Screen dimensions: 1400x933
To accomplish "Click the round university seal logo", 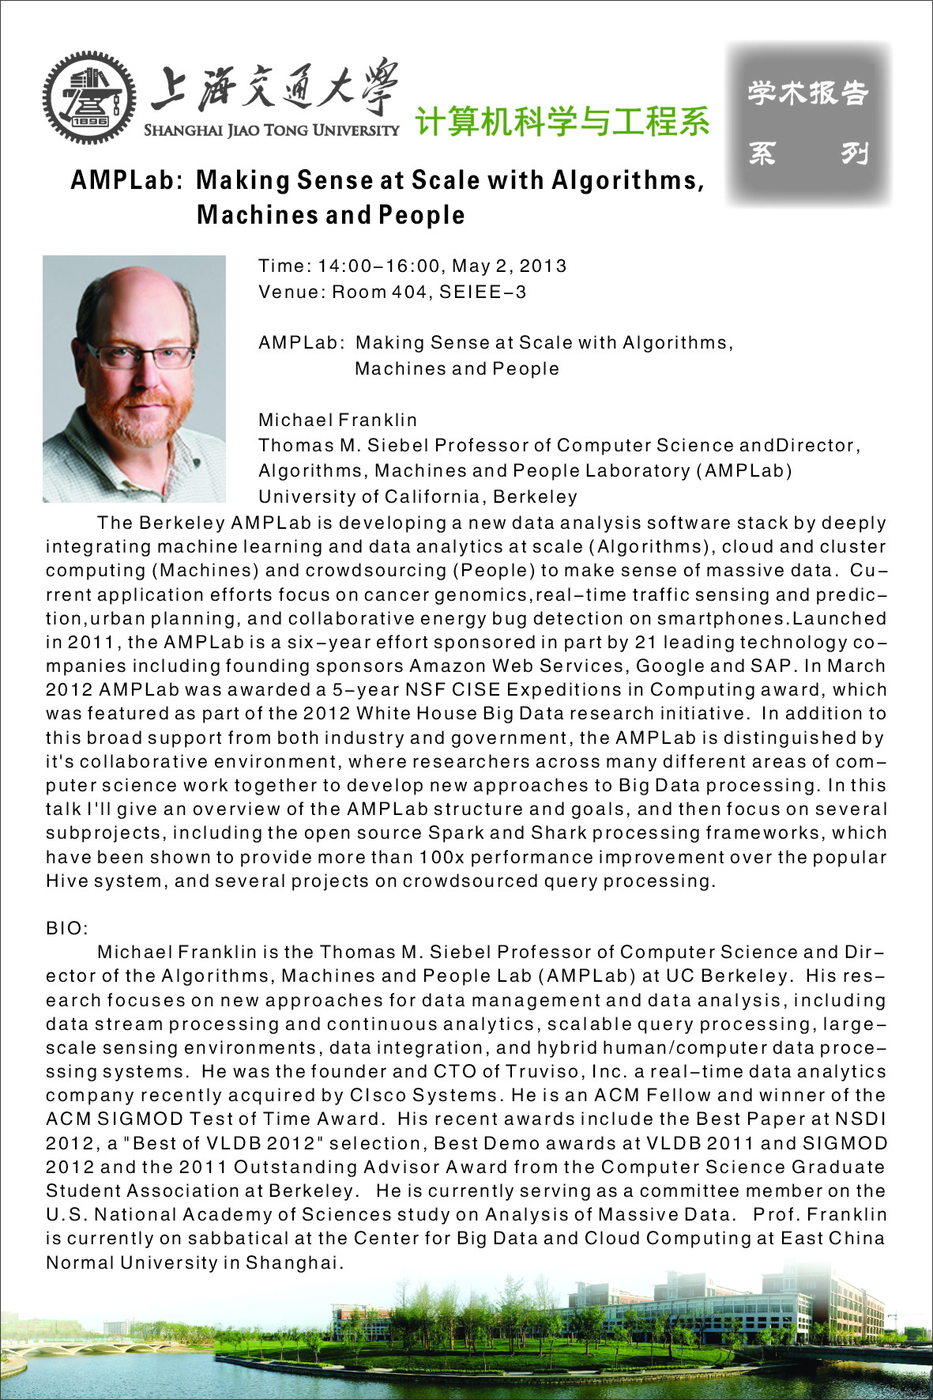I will [x=88, y=97].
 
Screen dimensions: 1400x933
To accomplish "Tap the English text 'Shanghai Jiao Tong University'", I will [x=271, y=130].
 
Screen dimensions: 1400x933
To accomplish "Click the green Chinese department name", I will [x=562, y=122].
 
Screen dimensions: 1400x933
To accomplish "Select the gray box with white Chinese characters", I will [x=808, y=123].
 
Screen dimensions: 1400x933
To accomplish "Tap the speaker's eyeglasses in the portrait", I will [x=140, y=355].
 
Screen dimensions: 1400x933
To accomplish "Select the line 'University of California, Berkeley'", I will [x=418, y=496].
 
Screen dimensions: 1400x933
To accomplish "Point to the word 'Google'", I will [x=671, y=666].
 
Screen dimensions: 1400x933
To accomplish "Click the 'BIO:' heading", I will [x=67, y=928].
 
